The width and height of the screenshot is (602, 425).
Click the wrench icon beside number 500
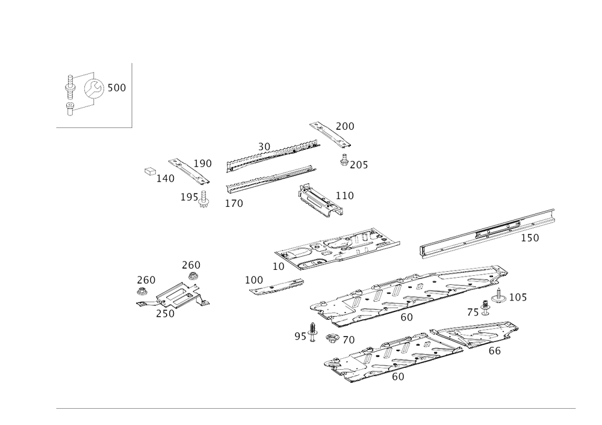click(x=94, y=88)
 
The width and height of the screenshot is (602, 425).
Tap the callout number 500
click(x=117, y=88)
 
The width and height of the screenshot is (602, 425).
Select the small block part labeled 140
click(x=150, y=171)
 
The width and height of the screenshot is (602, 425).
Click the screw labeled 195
click(x=204, y=200)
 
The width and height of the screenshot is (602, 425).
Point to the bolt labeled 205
click(x=344, y=160)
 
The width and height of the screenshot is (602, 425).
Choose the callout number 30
click(x=264, y=147)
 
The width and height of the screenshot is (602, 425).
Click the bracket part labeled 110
click(x=320, y=201)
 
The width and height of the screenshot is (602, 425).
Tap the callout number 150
click(x=530, y=238)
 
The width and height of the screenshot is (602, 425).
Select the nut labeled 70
click(x=332, y=338)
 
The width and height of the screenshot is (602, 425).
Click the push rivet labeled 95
click(x=313, y=332)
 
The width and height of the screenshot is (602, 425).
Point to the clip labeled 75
click(x=485, y=308)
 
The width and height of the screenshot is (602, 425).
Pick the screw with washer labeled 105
click(x=498, y=295)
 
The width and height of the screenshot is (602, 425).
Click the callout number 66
click(x=494, y=350)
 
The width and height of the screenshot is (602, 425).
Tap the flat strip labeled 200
click(x=330, y=135)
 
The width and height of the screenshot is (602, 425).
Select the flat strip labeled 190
click(x=189, y=171)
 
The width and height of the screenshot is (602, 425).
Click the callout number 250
click(x=165, y=313)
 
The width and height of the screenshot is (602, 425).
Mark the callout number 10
click(x=278, y=266)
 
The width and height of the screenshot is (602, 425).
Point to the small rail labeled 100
click(x=276, y=286)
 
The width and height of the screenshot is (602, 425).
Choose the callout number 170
click(x=234, y=203)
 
